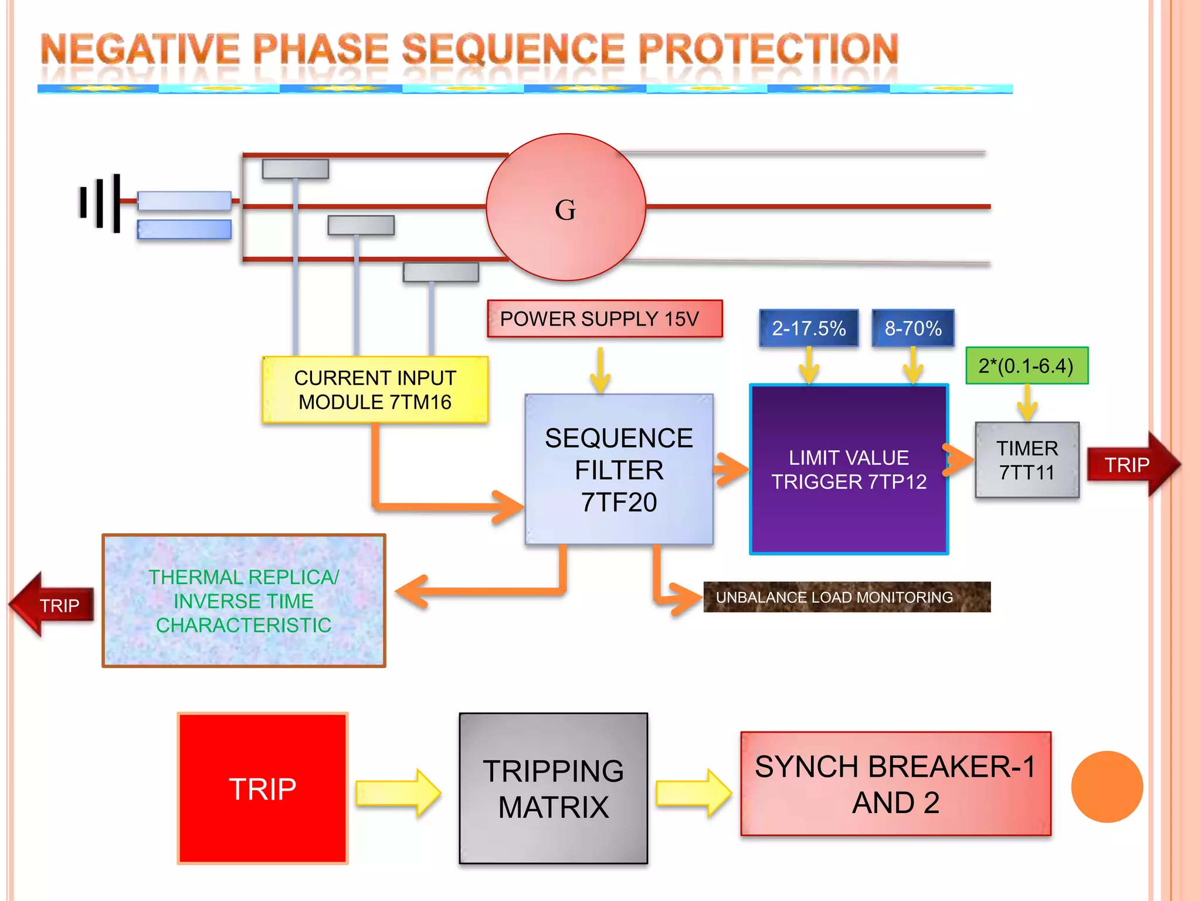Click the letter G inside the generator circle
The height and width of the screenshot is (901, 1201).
click(565, 209)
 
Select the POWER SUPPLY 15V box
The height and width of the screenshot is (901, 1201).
click(605, 319)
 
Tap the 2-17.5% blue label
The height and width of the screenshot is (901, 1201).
click(809, 328)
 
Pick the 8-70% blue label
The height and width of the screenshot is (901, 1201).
click(913, 328)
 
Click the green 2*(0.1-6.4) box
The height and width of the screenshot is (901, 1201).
click(1026, 365)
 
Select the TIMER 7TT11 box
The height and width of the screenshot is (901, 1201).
click(1027, 460)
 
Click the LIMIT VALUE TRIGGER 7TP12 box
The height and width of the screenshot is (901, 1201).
click(849, 469)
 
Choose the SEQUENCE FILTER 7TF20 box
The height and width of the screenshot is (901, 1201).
click(619, 469)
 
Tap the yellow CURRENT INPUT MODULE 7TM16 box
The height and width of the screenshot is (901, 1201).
click(375, 389)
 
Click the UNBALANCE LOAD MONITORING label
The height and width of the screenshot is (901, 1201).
click(846, 597)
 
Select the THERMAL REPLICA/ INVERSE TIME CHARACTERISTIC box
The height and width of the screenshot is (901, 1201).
click(243, 601)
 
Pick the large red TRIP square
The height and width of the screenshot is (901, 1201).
click(262, 788)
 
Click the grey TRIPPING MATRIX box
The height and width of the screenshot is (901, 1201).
click(553, 788)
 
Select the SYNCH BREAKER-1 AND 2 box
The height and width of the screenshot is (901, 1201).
click(895, 784)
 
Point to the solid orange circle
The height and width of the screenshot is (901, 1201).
click(1107, 787)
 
